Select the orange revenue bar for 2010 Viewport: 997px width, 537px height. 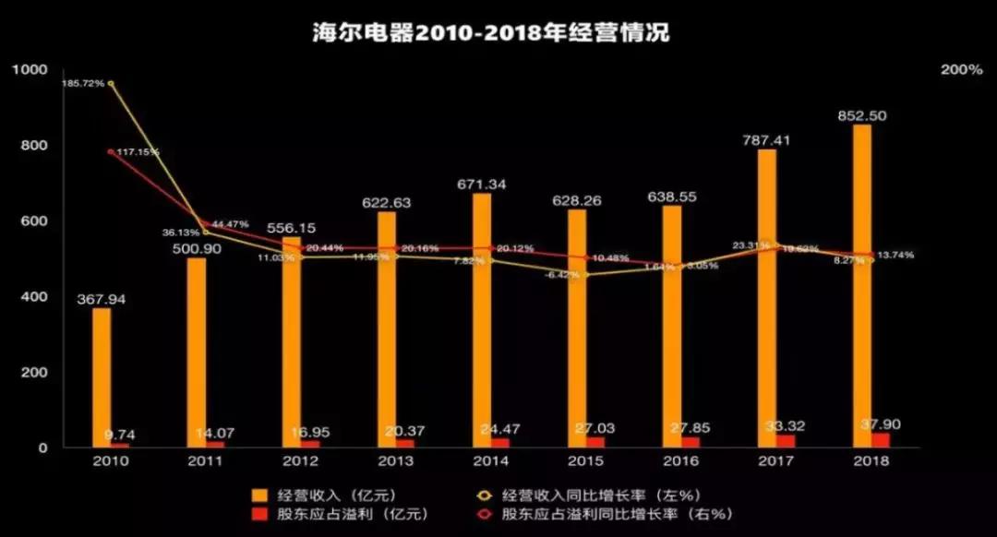[x=101, y=378]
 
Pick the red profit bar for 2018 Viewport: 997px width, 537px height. [x=882, y=440]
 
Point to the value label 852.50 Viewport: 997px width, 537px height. [x=861, y=115]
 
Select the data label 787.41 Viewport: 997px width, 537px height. [x=766, y=140]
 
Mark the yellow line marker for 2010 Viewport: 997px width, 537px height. [x=111, y=83]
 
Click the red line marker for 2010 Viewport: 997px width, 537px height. [x=111, y=151]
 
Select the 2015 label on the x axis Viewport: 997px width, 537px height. [x=585, y=460]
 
